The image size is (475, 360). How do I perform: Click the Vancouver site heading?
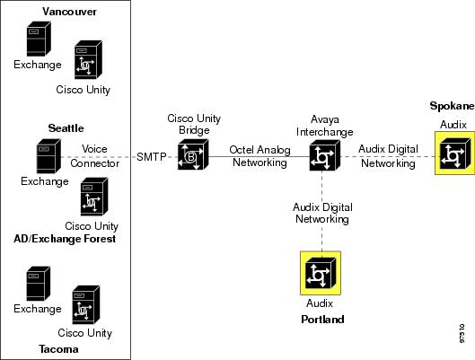[69, 12]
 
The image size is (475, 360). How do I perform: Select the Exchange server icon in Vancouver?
[39, 39]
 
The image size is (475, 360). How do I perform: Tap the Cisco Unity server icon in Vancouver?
[88, 59]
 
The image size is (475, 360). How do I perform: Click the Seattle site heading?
[66, 128]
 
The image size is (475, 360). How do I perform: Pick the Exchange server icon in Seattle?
[48, 156]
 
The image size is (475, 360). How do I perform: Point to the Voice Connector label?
[94, 156]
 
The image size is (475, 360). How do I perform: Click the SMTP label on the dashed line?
[152, 157]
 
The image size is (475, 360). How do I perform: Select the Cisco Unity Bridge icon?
[193, 154]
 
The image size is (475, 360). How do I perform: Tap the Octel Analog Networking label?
[259, 156]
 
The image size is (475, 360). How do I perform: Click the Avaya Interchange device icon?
[325, 155]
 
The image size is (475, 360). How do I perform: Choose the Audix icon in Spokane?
[454, 154]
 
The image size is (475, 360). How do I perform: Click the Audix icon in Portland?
[321, 273]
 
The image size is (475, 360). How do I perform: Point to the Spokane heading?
[452, 106]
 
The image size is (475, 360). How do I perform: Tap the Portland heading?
[322, 320]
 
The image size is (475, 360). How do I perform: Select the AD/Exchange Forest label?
[65, 239]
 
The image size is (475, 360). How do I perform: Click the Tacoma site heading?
[58, 349]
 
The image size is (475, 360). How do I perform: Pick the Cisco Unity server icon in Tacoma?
[86, 305]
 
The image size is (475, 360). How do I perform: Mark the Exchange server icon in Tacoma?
[39, 284]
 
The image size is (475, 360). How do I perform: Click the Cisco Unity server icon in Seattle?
[94, 197]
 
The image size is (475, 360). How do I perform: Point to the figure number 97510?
[462, 333]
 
